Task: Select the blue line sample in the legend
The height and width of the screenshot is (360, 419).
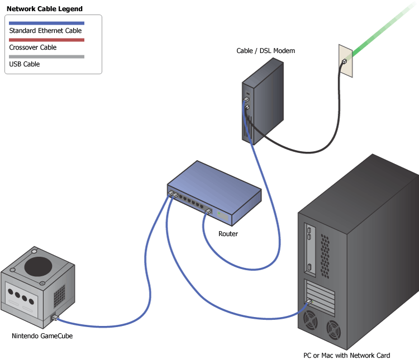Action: pos(46,23)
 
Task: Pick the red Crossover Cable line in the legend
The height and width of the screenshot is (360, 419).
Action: pos(46,40)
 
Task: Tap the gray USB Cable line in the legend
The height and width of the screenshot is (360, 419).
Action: pos(46,56)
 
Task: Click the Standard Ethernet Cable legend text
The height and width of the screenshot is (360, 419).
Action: pos(45,31)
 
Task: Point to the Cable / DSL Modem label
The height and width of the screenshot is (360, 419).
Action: pos(265,51)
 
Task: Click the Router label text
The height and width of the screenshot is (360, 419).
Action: pos(228,234)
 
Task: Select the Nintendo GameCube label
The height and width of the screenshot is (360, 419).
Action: pos(42,336)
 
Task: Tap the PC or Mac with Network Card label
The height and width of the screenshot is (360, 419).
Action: pos(346,356)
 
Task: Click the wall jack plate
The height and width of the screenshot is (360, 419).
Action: pos(346,60)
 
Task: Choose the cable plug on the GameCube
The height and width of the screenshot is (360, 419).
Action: pos(55,318)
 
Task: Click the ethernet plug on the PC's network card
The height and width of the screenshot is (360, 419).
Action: pos(308,302)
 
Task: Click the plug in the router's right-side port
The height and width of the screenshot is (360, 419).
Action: pos(208,211)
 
